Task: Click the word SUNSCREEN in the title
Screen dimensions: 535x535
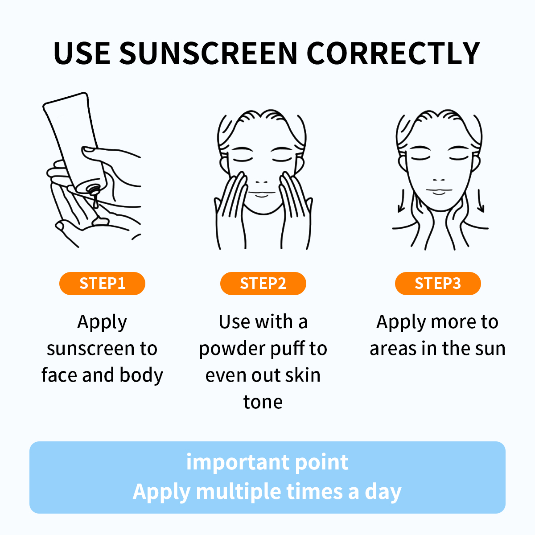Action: [x=209, y=53]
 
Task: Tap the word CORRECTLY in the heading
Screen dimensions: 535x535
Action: [x=393, y=53]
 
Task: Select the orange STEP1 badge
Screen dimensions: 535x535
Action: [x=102, y=284]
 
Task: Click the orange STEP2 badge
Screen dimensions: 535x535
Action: [x=263, y=284]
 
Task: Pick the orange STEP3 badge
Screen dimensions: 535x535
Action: [x=438, y=284]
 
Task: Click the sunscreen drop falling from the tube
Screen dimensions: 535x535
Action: [x=95, y=202]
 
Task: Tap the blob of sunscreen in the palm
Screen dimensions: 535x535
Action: [x=100, y=221]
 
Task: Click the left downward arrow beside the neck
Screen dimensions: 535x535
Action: [x=401, y=201]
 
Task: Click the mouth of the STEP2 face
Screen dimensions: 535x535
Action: [x=262, y=193]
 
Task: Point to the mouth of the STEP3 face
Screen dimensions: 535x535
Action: [x=439, y=191]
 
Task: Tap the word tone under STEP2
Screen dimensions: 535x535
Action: [x=263, y=402]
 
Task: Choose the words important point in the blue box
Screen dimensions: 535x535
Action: [x=267, y=462]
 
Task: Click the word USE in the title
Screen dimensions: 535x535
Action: [x=82, y=53]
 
